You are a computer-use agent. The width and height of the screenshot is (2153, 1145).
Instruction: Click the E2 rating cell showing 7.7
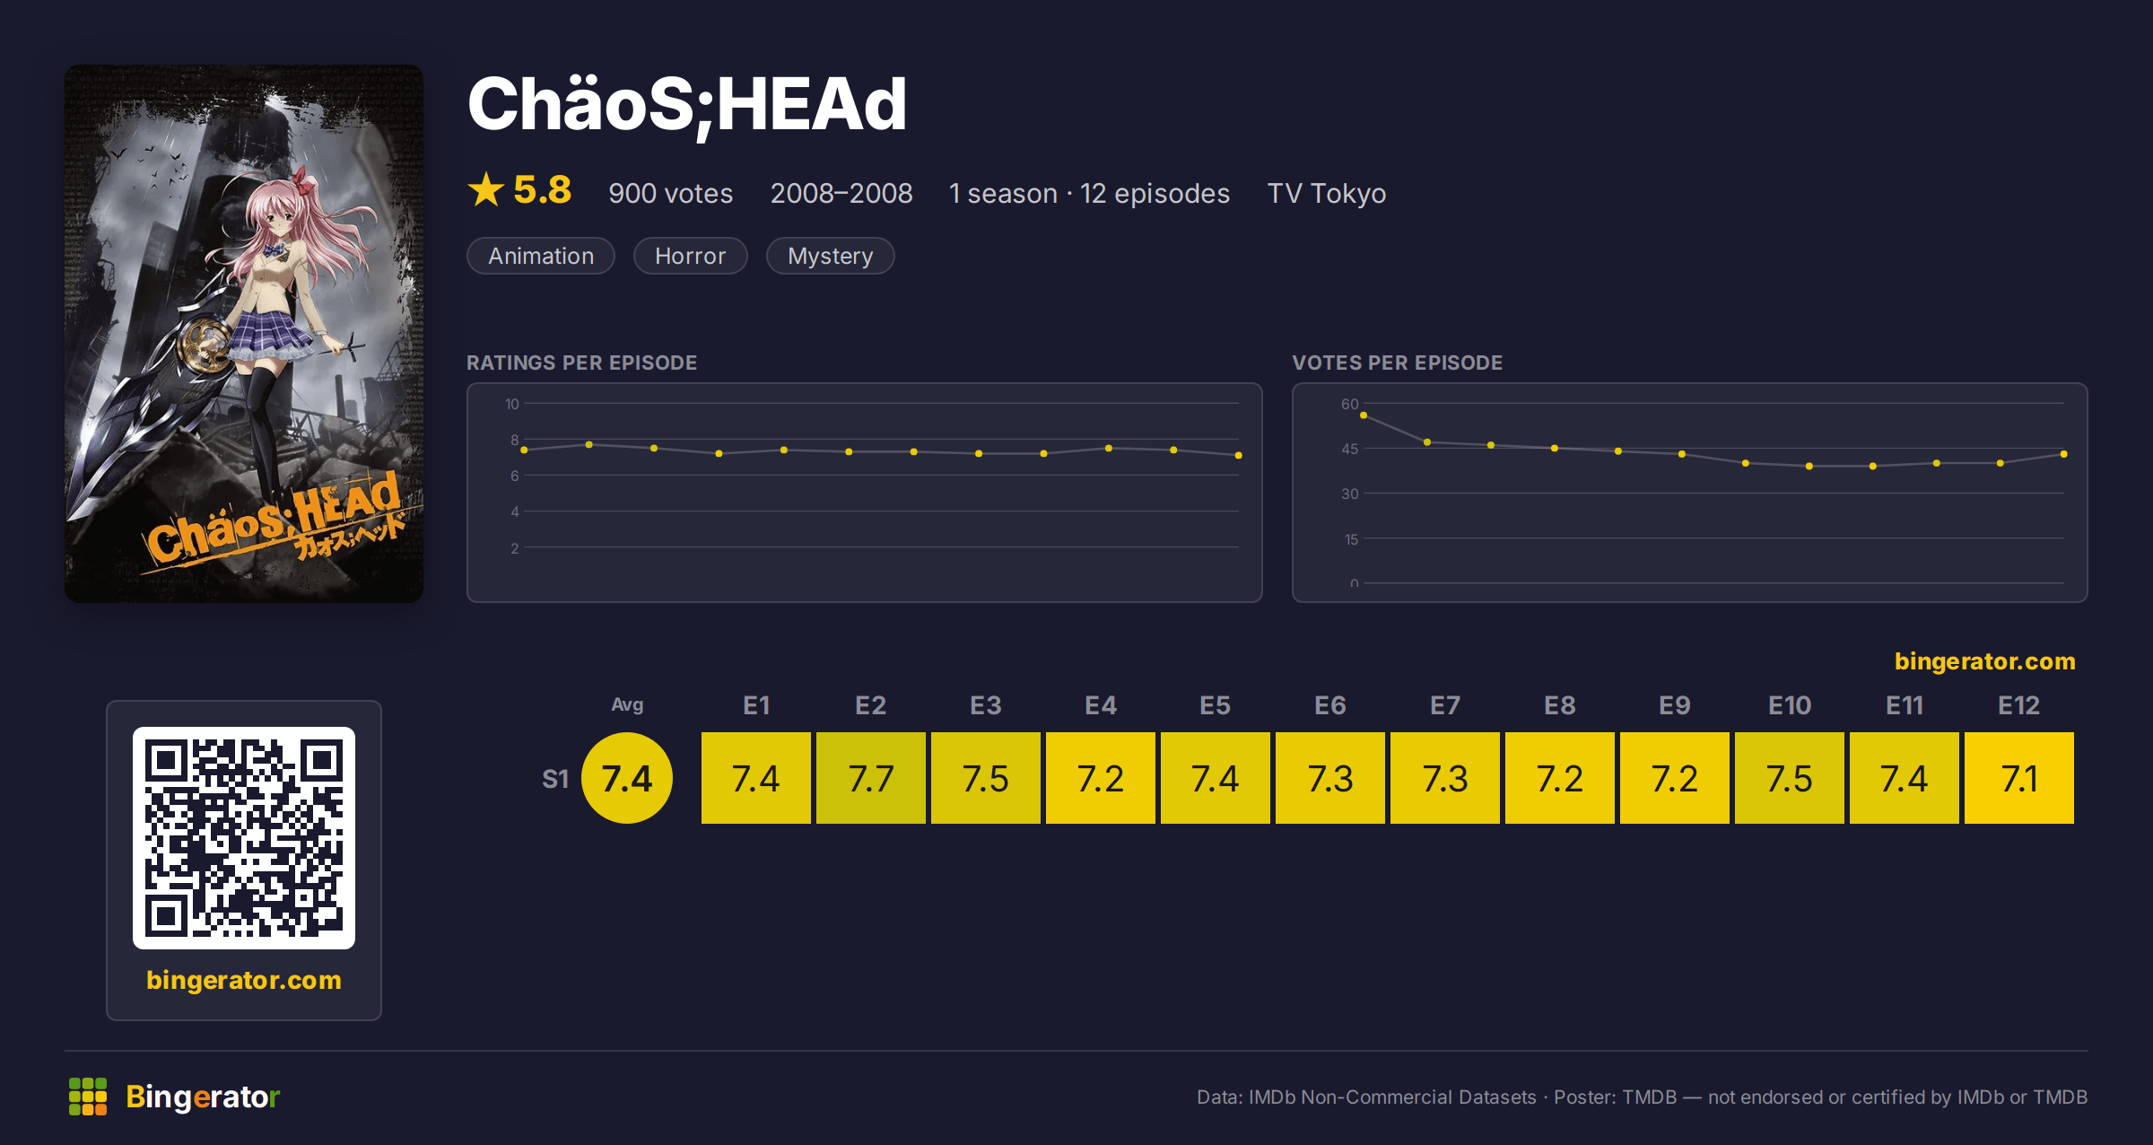pyautogui.click(x=870, y=777)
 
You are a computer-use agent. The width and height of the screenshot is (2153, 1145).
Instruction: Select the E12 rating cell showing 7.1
pyautogui.click(x=2018, y=777)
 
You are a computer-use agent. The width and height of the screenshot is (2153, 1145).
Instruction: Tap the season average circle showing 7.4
pyautogui.click(x=627, y=777)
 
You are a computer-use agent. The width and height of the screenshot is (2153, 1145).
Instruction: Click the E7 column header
pyautogui.click(x=1444, y=705)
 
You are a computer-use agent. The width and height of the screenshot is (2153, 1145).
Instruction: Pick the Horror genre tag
pyautogui.click(x=690, y=256)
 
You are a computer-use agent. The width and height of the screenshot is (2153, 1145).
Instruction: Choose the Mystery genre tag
pyautogui.click(x=830, y=256)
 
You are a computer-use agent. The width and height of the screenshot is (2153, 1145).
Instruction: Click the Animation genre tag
pyautogui.click(x=541, y=256)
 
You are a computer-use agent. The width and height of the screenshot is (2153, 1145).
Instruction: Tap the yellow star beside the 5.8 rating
pyautogui.click(x=486, y=189)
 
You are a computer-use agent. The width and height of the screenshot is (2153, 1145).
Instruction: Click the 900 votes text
pyautogui.click(x=670, y=193)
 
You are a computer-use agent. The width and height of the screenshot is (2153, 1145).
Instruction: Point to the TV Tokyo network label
pyautogui.click(x=1326, y=193)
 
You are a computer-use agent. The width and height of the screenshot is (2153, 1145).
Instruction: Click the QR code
pyautogui.click(x=244, y=838)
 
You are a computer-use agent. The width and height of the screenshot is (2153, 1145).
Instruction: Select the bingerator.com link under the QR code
pyautogui.click(x=244, y=980)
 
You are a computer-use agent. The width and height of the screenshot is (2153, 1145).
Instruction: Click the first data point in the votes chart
pyautogui.click(x=1364, y=415)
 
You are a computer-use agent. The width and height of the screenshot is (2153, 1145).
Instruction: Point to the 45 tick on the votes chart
pyautogui.click(x=1349, y=449)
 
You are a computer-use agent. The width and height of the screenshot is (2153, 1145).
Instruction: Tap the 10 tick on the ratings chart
pyautogui.click(x=511, y=404)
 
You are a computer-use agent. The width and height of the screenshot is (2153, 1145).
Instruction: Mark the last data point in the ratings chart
pyautogui.click(x=1239, y=455)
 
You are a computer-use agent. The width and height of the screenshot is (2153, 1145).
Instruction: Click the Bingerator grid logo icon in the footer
pyautogui.click(x=88, y=1097)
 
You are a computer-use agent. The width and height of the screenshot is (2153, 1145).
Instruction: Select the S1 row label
pyautogui.click(x=555, y=779)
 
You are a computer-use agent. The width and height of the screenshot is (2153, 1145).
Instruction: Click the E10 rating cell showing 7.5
pyautogui.click(x=1789, y=777)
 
